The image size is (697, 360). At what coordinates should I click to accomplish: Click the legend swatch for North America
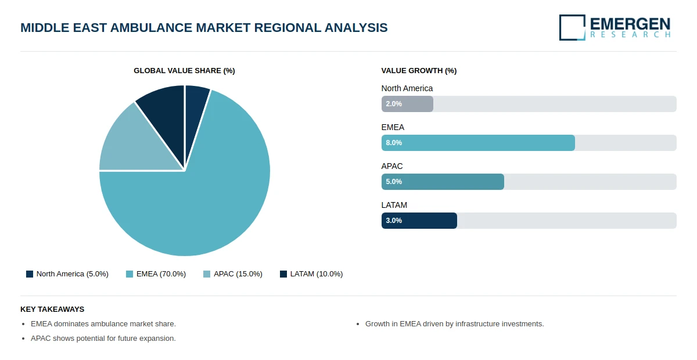[x=30, y=274]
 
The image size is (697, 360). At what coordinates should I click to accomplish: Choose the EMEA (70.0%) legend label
[x=161, y=274]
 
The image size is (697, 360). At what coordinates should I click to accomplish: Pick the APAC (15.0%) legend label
[x=238, y=274]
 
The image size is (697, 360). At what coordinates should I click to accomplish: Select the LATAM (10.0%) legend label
[x=317, y=274]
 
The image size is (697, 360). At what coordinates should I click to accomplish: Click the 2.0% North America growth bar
[x=407, y=104]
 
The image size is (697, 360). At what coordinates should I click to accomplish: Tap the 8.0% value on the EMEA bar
[x=394, y=143]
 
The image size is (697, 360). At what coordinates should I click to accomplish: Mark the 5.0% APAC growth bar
[x=443, y=182]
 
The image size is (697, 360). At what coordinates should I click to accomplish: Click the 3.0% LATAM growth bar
[x=419, y=221]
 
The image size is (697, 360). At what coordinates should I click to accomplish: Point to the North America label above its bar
[x=407, y=88]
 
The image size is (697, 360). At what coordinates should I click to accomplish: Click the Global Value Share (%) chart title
[x=184, y=71]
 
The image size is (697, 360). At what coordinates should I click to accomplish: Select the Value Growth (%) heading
[x=419, y=71]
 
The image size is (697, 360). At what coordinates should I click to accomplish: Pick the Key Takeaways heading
[x=52, y=309]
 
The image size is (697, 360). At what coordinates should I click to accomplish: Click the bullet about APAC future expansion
[x=103, y=338]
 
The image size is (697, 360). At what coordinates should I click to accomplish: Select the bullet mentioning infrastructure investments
[x=455, y=324]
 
